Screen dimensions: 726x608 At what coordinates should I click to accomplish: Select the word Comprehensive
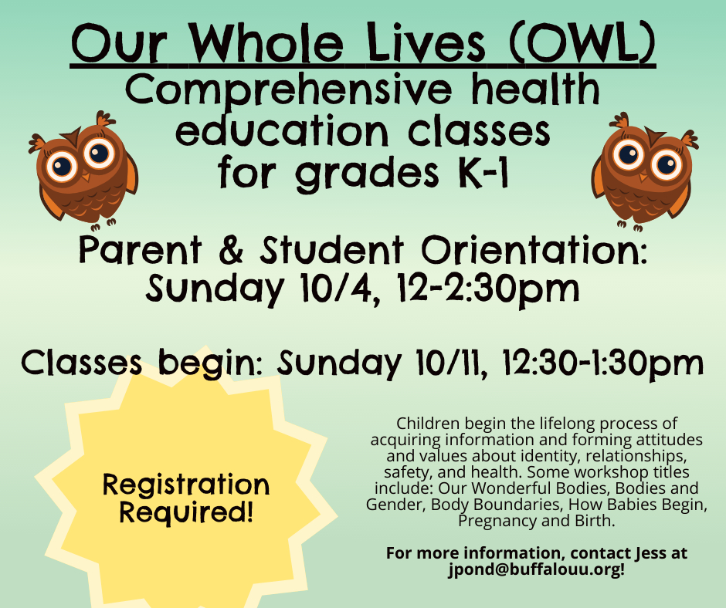[x=288, y=91]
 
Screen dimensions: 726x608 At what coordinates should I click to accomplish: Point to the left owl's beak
[x=85, y=177]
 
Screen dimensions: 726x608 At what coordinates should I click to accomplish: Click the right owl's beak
[x=643, y=176]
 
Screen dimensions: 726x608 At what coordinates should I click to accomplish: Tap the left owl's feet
[x=103, y=225]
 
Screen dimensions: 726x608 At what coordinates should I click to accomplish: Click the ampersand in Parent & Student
[x=231, y=250]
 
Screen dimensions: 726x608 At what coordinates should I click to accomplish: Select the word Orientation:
[x=534, y=250]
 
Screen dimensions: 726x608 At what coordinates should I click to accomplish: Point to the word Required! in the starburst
[x=186, y=512]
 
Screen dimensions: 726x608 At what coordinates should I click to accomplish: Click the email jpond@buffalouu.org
[x=535, y=569]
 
